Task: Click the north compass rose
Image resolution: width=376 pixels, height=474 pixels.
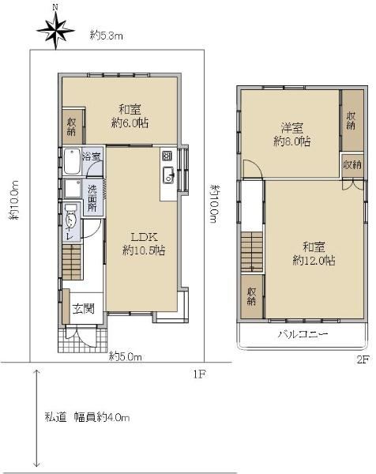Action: [x=55, y=30]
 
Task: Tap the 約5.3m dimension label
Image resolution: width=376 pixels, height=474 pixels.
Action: [x=107, y=36]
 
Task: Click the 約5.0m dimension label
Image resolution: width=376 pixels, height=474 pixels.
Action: [x=125, y=357]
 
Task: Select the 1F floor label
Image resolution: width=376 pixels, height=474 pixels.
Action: [x=200, y=374]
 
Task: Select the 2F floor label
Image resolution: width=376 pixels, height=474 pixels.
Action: [x=363, y=359]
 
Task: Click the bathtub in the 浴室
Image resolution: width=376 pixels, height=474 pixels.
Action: [x=72, y=161]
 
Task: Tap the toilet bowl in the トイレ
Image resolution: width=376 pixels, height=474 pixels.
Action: [x=71, y=219]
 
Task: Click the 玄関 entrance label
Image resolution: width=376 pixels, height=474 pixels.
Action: [x=84, y=309]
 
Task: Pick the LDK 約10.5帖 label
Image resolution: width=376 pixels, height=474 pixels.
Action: [x=144, y=243]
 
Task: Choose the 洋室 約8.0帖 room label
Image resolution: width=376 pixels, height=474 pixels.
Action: [x=292, y=134]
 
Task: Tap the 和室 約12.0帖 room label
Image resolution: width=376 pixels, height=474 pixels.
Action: [x=314, y=254]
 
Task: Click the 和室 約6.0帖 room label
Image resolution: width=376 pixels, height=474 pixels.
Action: [x=130, y=116]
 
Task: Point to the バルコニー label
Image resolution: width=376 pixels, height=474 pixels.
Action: [x=303, y=334]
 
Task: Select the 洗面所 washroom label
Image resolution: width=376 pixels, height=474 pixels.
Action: [x=92, y=198]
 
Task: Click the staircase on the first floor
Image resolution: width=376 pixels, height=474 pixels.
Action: [x=72, y=262]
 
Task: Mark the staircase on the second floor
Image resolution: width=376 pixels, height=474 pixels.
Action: [x=252, y=252]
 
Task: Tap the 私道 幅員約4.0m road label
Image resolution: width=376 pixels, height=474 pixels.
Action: [x=88, y=417]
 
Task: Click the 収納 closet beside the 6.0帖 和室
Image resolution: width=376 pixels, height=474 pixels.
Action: [x=72, y=126]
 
